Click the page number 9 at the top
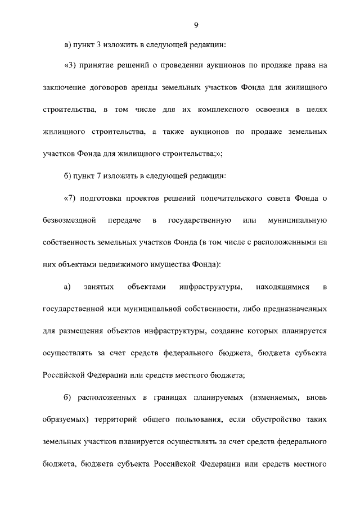(196, 25)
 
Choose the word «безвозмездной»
(67, 220)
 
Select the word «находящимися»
(283, 287)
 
